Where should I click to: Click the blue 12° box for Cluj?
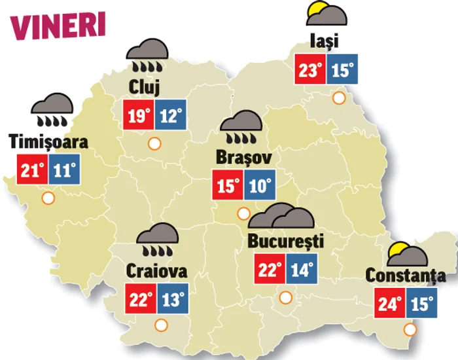pyautogui.click(x=170, y=117)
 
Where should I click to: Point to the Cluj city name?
pyautogui.click(x=145, y=86)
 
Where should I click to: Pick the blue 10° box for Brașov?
pyautogui.click(x=260, y=186)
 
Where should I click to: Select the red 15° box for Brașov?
pyautogui.click(x=228, y=186)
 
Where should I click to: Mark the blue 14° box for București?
pyautogui.click(x=300, y=269)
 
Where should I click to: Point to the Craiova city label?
pyautogui.click(x=157, y=270)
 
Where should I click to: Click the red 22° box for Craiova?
pyautogui.click(x=139, y=300)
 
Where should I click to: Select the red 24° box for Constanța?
pyautogui.click(x=391, y=305)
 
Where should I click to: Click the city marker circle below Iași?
pyautogui.click(x=338, y=99)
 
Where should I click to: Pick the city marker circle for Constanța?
pyautogui.click(x=410, y=329)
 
